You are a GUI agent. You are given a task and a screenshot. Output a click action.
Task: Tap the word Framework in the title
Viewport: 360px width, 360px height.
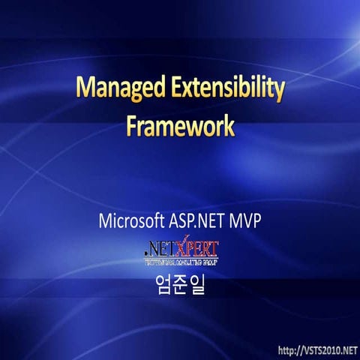[180, 125]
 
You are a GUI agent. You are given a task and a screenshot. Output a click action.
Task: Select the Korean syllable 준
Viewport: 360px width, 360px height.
[180, 286]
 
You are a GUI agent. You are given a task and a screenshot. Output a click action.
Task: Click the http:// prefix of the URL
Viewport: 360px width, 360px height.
[291, 350]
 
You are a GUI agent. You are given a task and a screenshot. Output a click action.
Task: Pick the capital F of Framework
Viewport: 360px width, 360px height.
[132, 125]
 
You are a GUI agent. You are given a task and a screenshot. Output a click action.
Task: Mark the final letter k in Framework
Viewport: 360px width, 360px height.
[228, 125]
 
